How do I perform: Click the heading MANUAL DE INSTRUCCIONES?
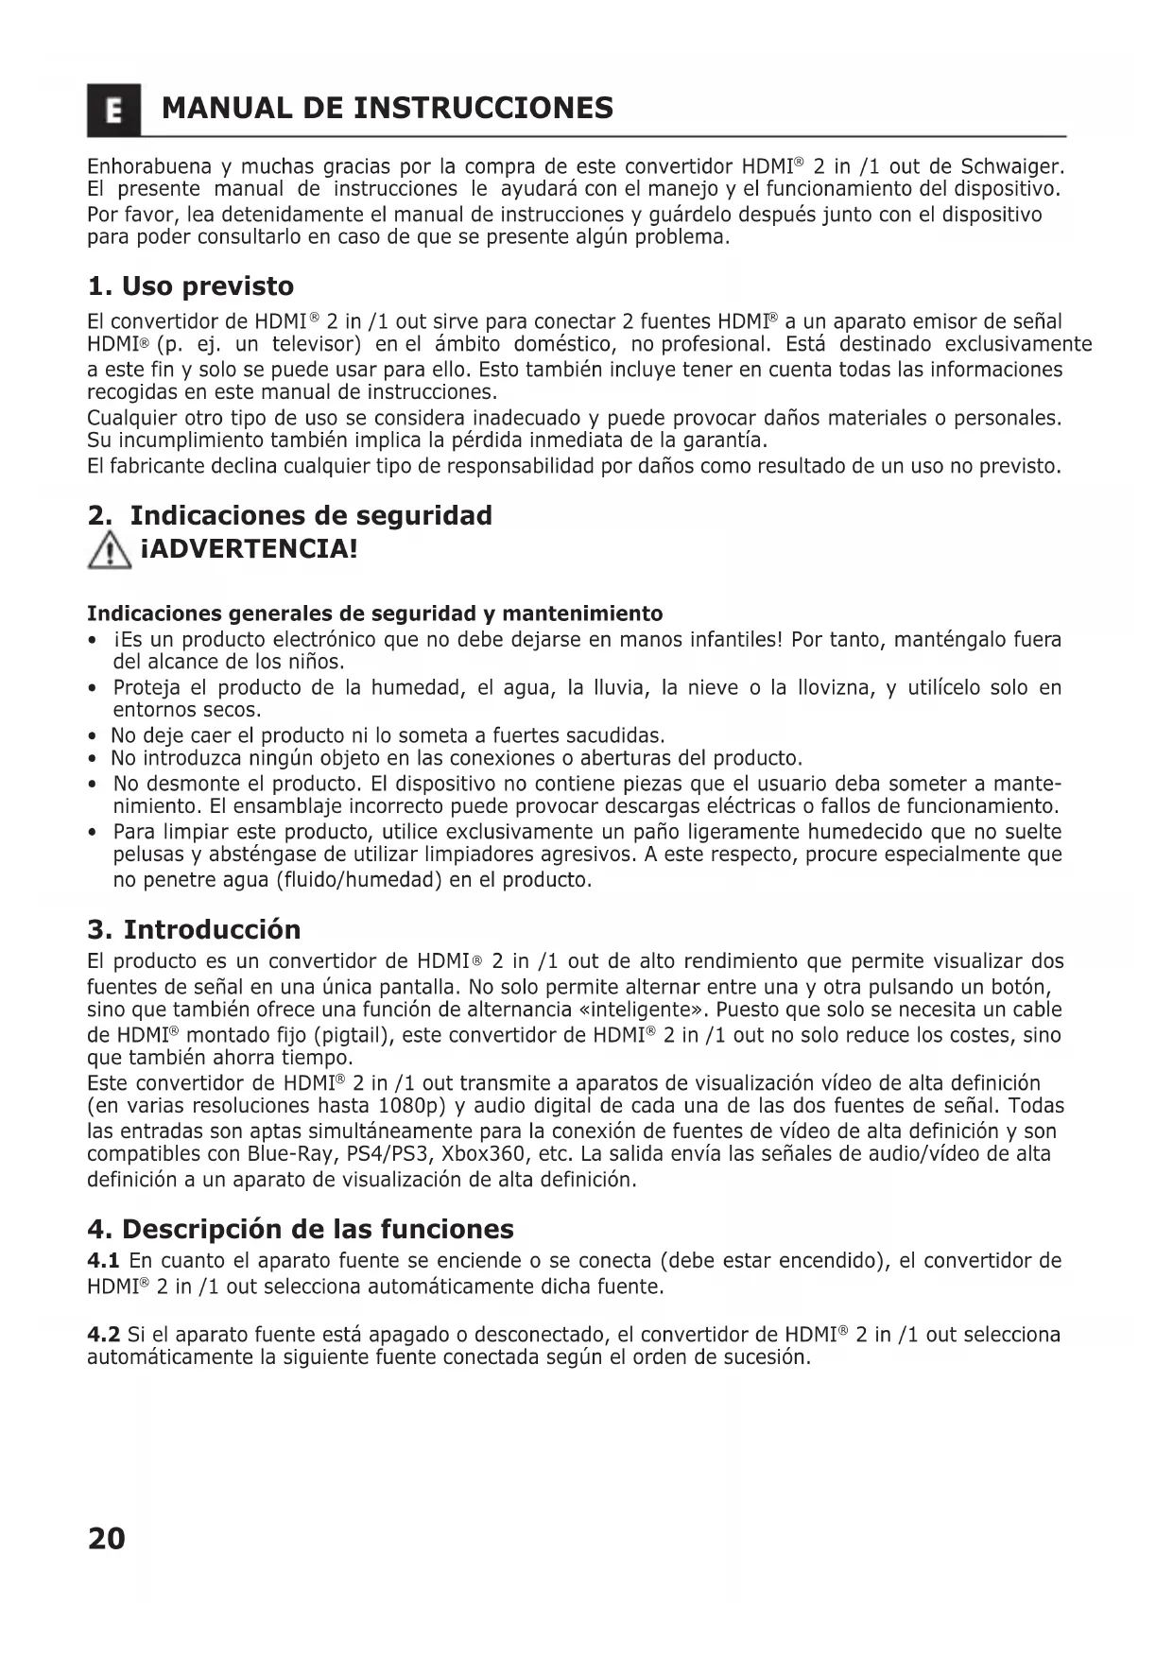[388, 109]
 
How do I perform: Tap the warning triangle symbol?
[110, 550]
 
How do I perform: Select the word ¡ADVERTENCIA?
[249, 549]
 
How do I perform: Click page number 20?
[106, 1539]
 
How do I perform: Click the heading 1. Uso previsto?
[190, 286]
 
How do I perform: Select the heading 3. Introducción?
[194, 929]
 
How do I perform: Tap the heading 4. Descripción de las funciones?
[301, 1229]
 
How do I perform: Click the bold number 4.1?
[103, 1261]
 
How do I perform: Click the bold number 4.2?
[103, 1335]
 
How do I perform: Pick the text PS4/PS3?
[385, 1154]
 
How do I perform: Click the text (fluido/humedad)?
[359, 880]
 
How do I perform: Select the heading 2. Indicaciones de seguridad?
[289, 516]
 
